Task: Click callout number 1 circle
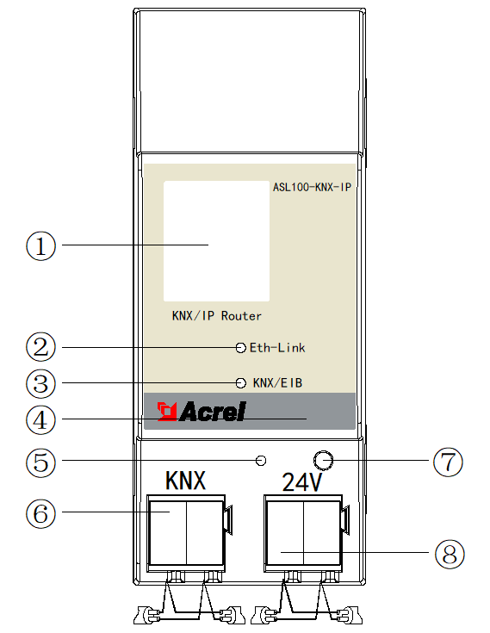pos(40,245)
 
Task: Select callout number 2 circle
pos(40,347)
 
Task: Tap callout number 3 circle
pos(40,383)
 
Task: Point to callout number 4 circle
pos(40,420)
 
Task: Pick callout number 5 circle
pos(40,462)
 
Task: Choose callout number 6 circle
pos(40,513)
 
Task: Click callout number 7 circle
pos(448,462)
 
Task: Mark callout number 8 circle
pos(450,554)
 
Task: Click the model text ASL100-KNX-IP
pos(312,187)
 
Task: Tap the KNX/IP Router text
pos(217,316)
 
